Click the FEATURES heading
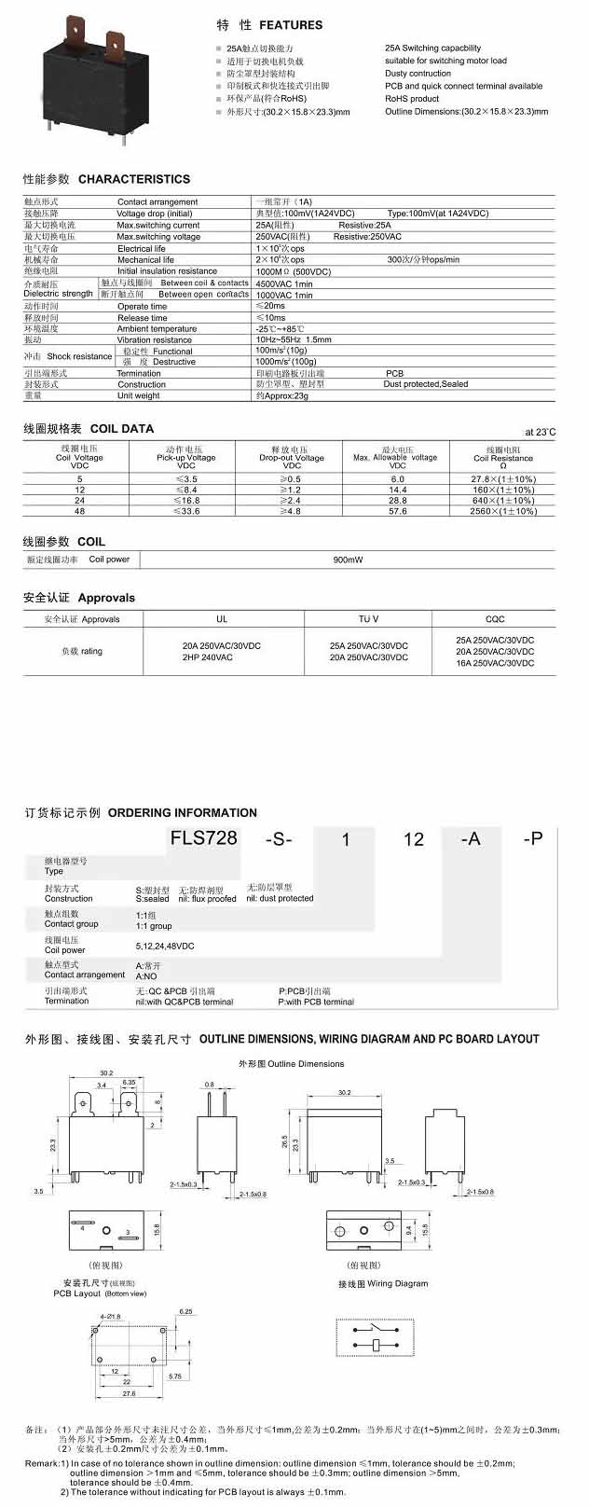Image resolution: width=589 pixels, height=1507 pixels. click(x=291, y=25)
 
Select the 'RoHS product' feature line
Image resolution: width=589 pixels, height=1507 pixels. click(x=412, y=99)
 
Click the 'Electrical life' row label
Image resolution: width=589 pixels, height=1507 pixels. click(x=141, y=249)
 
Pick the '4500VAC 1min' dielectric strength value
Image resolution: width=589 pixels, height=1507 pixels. click(x=284, y=283)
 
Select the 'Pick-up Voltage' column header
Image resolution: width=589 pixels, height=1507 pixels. click(x=185, y=458)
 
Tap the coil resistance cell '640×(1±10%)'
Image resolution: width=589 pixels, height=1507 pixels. click(x=503, y=501)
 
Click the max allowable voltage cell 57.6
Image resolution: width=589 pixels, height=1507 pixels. click(x=397, y=511)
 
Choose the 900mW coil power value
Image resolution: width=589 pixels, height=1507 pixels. click(x=348, y=560)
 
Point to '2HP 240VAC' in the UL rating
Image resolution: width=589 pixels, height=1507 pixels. click(x=208, y=657)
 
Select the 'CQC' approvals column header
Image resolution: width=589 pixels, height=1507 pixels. click(x=495, y=619)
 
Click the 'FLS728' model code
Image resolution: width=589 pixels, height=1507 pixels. click(x=203, y=837)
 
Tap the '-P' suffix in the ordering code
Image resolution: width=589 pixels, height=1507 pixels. click(x=532, y=838)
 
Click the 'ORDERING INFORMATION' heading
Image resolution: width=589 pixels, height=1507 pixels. click(x=182, y=813)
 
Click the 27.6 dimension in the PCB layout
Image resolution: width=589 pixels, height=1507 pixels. click(x=129, y=1394)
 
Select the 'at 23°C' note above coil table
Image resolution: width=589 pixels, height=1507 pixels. click(x=540, y=432)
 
